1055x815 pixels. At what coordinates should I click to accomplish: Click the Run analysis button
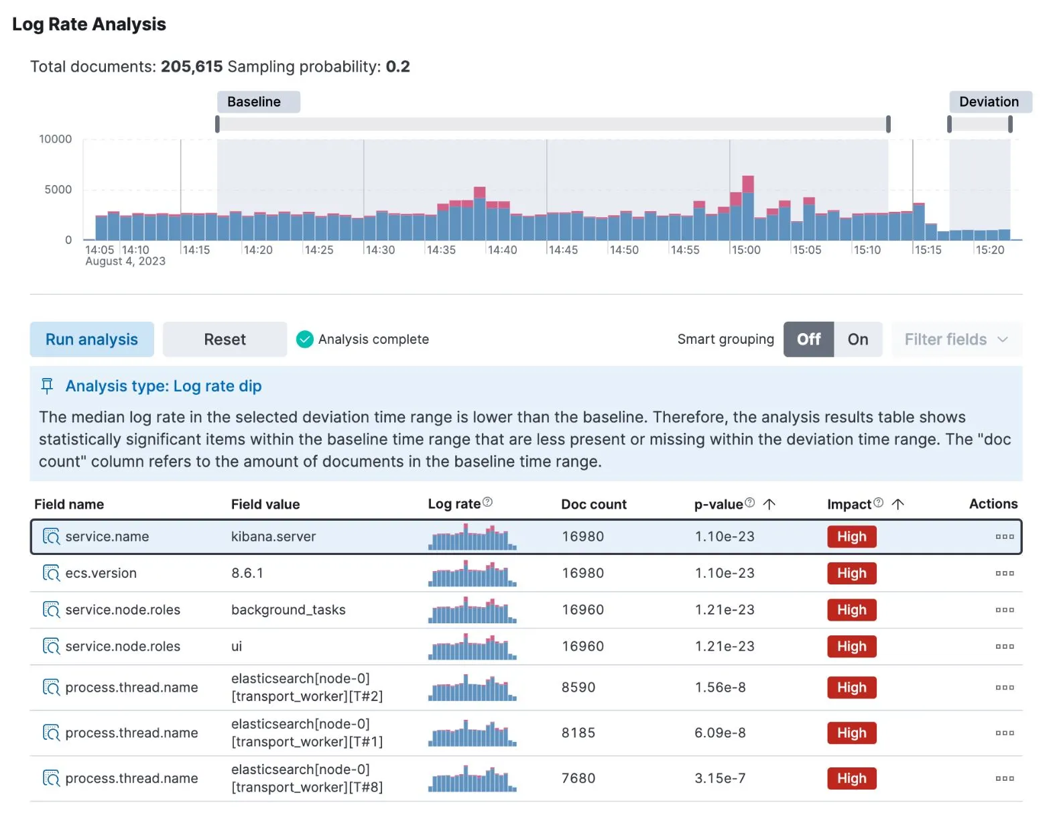click(92, 339)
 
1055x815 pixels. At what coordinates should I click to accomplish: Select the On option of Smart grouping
click(857, 339)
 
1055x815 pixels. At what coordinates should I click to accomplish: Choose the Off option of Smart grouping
click(808, 339)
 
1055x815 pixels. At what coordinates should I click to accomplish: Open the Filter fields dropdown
click(956, 339)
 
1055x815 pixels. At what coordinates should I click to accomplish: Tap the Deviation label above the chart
click(989, 102)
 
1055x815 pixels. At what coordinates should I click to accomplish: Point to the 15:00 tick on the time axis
click(745, 250)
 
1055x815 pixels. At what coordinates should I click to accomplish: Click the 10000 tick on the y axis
click(56, 139)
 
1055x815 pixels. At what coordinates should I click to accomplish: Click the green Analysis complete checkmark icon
click(305, 339)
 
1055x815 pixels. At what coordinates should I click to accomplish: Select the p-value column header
click(719, 504)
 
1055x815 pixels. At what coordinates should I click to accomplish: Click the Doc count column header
click(593, 504)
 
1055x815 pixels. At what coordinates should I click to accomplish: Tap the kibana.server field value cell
click(273, 536)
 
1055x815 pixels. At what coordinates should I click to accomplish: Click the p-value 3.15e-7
click(720, 778)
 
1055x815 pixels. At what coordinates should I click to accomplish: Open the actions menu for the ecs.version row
click(1004, 573)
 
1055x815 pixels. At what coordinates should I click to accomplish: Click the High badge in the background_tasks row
click(851, 610)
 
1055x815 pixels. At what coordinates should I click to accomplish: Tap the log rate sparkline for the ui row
click(472, 647)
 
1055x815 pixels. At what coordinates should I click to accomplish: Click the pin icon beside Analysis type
click(47, 386)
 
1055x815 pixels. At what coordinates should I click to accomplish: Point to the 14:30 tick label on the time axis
click(380, 250)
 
